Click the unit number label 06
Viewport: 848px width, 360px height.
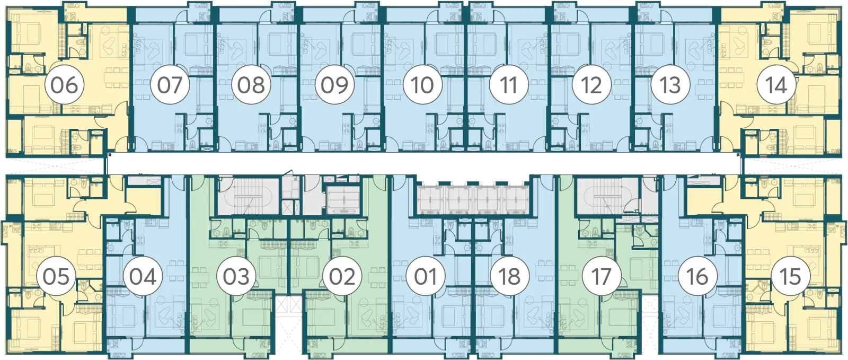[65, 85]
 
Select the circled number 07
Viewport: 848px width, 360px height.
[170, 85]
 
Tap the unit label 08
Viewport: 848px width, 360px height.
[251, 85]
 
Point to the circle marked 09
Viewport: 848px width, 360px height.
[334, 85]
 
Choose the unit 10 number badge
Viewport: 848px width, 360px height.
[422, 85]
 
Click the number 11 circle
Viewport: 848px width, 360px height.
[508, 85]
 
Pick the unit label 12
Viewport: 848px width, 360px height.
[591, 85]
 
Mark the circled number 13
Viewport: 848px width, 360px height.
[670, 85]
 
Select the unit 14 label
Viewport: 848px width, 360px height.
[776, 85]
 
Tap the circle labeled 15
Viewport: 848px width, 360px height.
[791, 276]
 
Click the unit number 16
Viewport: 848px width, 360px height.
[697, 276]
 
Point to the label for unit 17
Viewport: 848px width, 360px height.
[602, 276]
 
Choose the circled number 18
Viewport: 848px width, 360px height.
[509, 276]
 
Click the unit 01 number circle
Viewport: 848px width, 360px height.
[426, 276]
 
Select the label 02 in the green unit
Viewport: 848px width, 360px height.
[342, 276]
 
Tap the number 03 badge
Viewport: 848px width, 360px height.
[236, 276]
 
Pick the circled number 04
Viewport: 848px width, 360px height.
[143, 276]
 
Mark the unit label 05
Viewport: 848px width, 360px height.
[56, 276]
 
